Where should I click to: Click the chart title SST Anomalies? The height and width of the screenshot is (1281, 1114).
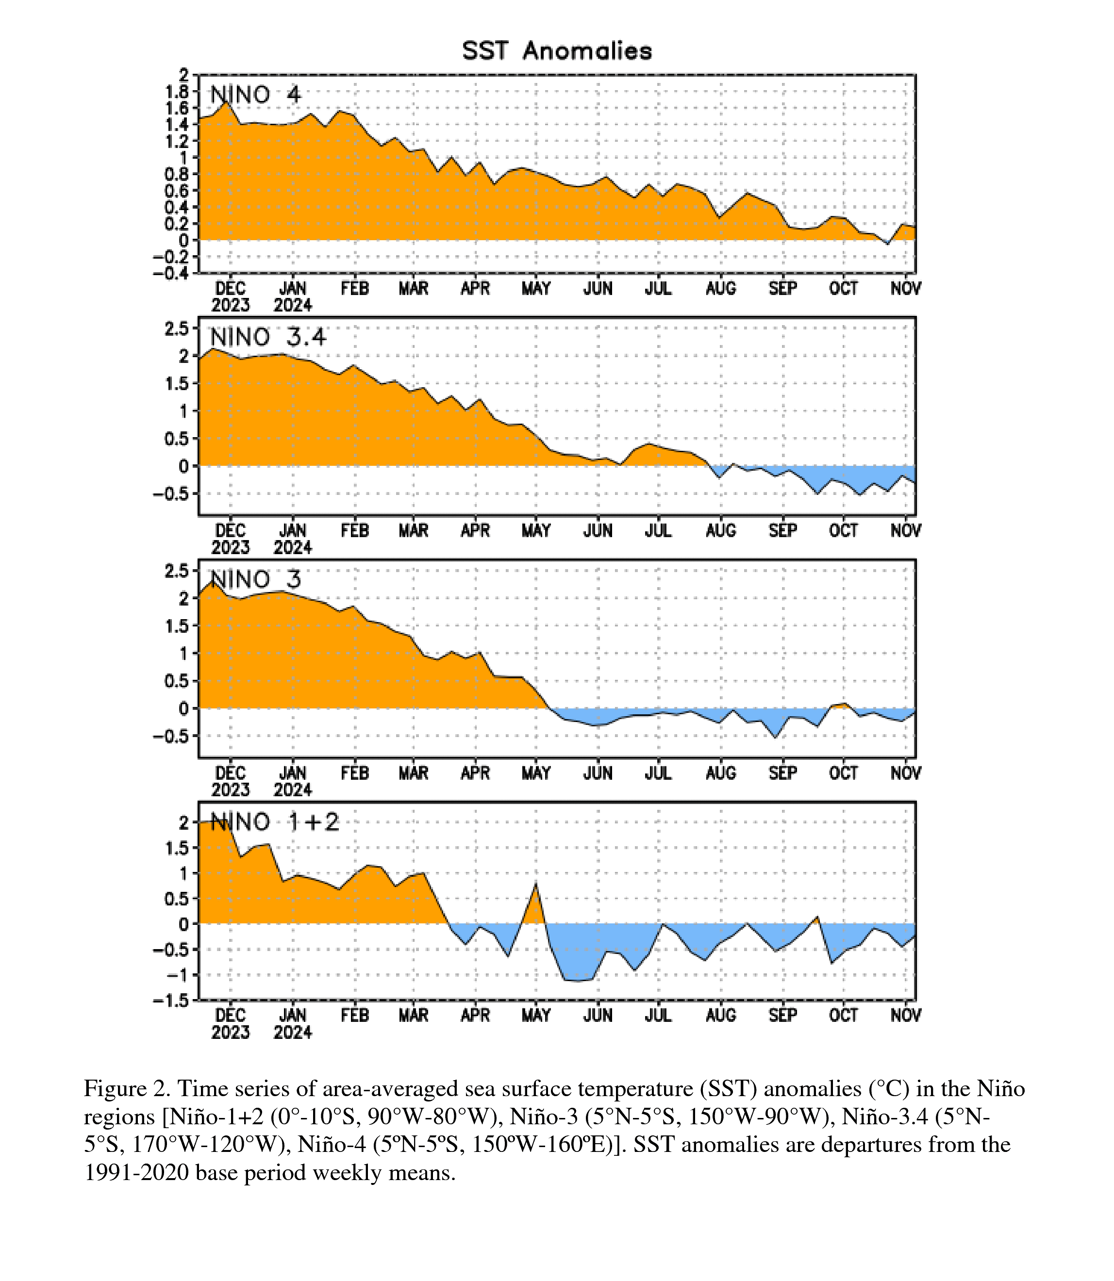tap(557, 51)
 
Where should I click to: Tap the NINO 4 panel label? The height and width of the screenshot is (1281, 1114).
tap(255, 95)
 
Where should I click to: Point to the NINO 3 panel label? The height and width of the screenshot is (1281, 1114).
tap(255, 579)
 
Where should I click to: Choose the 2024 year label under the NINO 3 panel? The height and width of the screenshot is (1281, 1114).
tap(293, 790)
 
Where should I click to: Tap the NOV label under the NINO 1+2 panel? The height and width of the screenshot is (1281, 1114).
tap(906, 1016)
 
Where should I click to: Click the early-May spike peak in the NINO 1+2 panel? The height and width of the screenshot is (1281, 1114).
tap(536, 883)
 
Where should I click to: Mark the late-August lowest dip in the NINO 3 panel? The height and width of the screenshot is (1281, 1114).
tap(775, 737)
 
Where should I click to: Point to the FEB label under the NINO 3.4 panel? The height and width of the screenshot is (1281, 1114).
tap(354, 531)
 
